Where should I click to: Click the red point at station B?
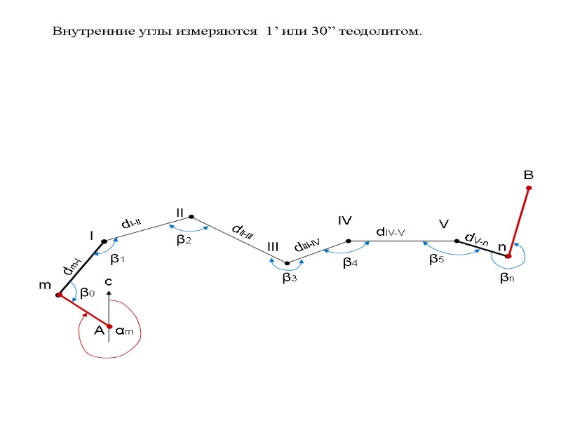[529, 188]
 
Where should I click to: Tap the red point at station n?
[508, 257]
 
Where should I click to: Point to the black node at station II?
[191, 217]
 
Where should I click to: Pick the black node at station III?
[287, 263]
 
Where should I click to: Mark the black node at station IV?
[349, 241]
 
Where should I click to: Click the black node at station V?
[457, 241]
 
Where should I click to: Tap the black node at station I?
[104, 241]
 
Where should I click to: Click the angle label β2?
[184, 240]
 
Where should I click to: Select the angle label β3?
[289, 279]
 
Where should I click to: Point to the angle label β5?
[436, 260]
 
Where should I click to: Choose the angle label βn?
[507, 278]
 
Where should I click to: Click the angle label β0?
[87, 293]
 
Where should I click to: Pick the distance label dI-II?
[132, 224]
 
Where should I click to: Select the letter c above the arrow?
[108, 281]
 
